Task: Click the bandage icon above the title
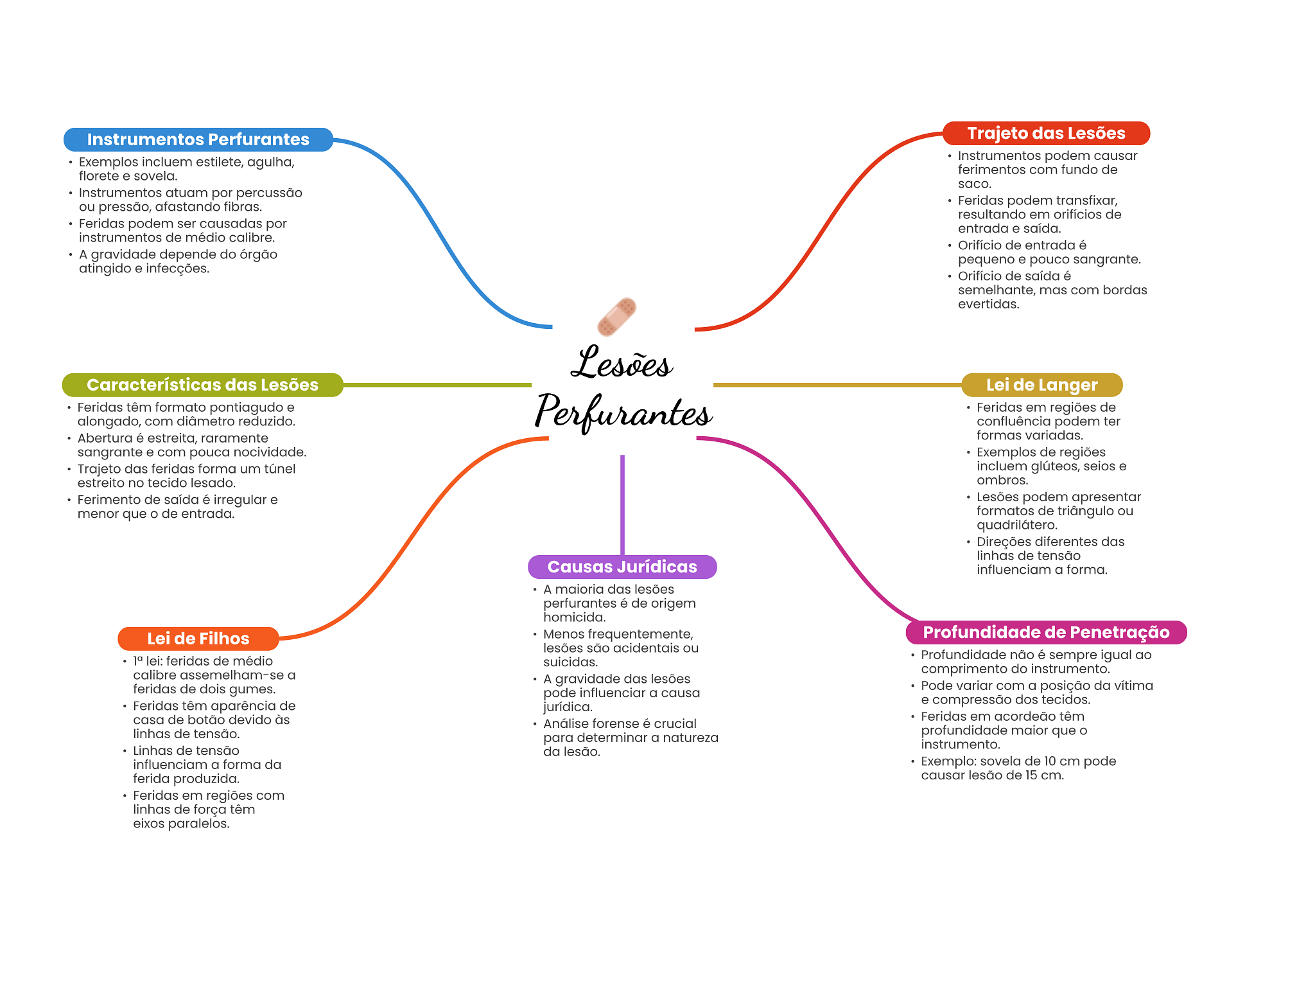[616, 317]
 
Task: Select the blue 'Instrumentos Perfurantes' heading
[198, 139]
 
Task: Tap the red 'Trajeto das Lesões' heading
[1046, 133]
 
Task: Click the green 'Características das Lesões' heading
[202, 385]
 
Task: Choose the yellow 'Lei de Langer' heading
[1041, 385]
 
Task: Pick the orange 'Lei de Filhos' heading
[198, 639]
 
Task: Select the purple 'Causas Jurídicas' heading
[622, 567]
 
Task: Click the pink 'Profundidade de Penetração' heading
[1046, 632]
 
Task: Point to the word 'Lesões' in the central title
[622, 363]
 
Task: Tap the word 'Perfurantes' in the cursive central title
[623, 412]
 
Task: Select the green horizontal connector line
[437, 385]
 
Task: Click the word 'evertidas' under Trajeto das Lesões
[988, 305]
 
